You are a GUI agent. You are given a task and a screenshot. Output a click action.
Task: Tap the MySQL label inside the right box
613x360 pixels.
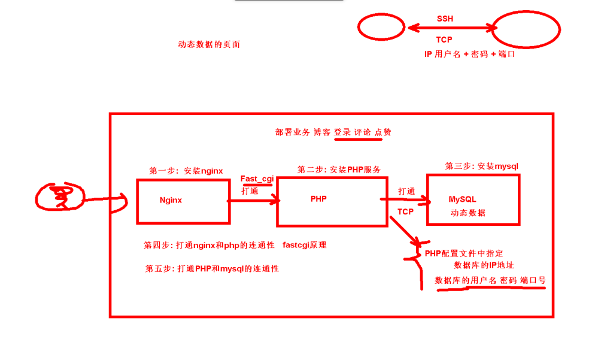tap(462, 199)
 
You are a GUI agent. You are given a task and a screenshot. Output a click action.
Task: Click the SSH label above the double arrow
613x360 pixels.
tap(445, 19)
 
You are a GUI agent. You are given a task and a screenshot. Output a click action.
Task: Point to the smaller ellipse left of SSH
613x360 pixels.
tap(381, 27)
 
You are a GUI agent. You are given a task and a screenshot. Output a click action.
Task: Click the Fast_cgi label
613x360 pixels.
tap(257, 179)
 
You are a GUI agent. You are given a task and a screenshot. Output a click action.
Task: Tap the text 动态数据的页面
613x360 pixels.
tap(209, 44)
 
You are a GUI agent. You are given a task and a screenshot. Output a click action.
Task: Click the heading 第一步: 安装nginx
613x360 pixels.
tap(186, 171)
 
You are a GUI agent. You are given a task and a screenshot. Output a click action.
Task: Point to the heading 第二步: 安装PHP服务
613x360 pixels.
tap(339, 170)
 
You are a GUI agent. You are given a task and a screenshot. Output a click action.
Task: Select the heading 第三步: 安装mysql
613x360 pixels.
tap(482, 166)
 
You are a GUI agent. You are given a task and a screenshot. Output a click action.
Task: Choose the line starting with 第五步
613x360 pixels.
tap(212, 268)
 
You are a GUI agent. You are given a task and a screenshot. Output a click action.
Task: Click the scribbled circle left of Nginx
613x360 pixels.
tap(59, 196)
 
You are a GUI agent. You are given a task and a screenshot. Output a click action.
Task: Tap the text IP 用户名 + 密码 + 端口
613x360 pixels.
tap(469, 54)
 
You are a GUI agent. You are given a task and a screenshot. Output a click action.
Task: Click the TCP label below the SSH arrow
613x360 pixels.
tap(444, 40)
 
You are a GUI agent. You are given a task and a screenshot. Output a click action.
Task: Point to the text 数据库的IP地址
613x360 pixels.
tap(484, 265)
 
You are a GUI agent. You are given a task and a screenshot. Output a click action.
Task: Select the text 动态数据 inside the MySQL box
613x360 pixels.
tap(468, 213)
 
